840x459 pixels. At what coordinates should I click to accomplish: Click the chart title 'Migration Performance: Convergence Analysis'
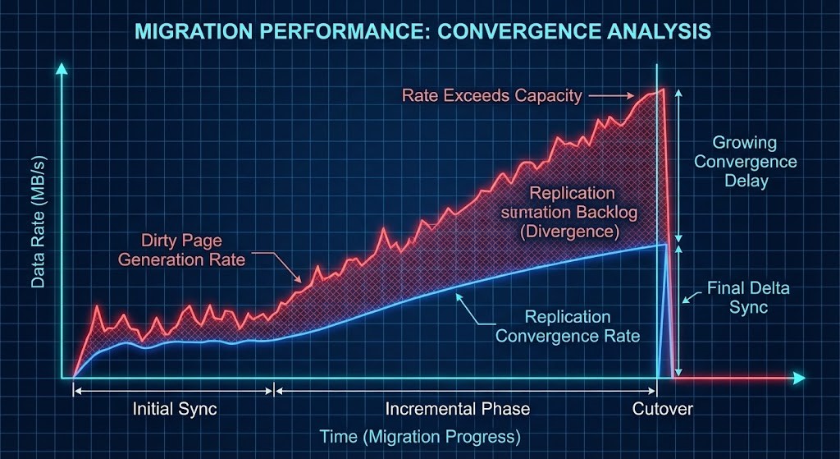pos(422,32)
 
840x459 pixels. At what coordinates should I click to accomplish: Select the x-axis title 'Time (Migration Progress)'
pos(421,437)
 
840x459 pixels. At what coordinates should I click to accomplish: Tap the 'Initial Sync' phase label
pos(175,409)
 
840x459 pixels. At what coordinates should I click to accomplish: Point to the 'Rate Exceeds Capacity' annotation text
pos(492,96)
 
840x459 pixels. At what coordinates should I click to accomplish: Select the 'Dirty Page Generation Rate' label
pos(182,250)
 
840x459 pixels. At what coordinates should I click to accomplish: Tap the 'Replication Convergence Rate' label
pos(568,326)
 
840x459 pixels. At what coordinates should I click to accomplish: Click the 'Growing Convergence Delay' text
pos(745,161)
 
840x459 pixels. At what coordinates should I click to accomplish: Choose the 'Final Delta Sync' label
pos(737,297)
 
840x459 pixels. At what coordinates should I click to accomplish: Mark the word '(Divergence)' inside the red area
pos(571,232)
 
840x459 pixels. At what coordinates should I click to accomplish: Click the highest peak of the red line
pos(661,90)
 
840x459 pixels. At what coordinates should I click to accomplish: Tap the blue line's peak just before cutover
pos(664,245)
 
